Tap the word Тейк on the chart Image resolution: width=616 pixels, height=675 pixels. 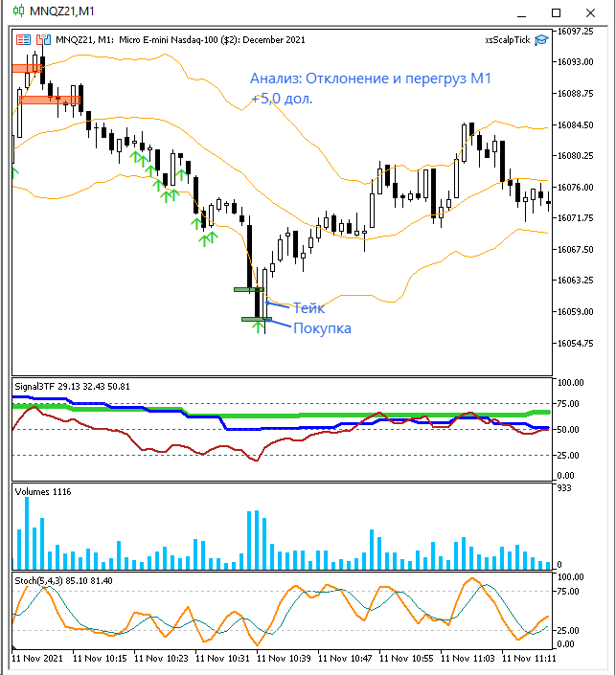click(308, 308)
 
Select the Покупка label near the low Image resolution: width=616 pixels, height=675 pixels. click(322, 328)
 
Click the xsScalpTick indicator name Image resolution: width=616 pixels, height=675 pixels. click(507, 39)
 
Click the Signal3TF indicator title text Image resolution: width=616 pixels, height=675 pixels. click(34, 386)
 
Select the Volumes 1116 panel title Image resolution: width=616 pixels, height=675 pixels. click(43, 491)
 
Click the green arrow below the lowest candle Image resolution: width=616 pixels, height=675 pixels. click(258, 327)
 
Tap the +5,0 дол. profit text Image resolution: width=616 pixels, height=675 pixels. click(282, 99)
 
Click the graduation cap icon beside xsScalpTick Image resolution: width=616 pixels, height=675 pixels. click(542, 39)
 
